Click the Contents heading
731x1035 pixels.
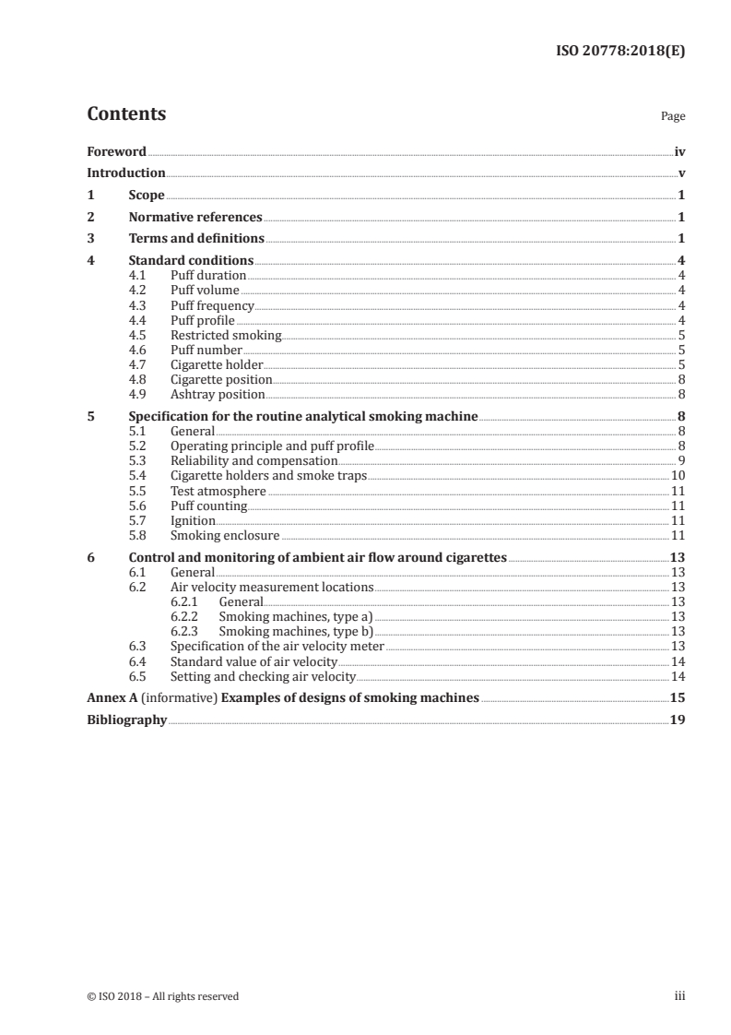click(x=126, y=114)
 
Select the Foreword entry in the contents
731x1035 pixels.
click(x=116, y=151)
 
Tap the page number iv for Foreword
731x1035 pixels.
click(x=679, y=151)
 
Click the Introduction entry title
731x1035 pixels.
click(x=126, y=172)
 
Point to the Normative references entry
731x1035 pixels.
click(x=195, y=218)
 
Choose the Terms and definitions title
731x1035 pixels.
click(x=196, y=239)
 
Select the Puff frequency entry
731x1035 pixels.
click(x=212, y=305)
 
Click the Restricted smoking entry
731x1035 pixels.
click(x=226, y=335)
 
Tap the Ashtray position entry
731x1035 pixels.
click(x=218, y=394)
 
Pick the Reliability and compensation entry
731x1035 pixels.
click(x=254, y=460)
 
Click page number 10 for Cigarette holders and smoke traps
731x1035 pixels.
click(x=677, y=475)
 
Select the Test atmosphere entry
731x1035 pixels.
click(x=218, y=491)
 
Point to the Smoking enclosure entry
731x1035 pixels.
click(x=225, y=535)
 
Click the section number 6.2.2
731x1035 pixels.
click(x=187, y=617)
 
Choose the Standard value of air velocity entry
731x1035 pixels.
click(x=253, y=662)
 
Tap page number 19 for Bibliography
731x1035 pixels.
click(x=677, y=720)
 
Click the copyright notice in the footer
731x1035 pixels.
click(x=162, y=996)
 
